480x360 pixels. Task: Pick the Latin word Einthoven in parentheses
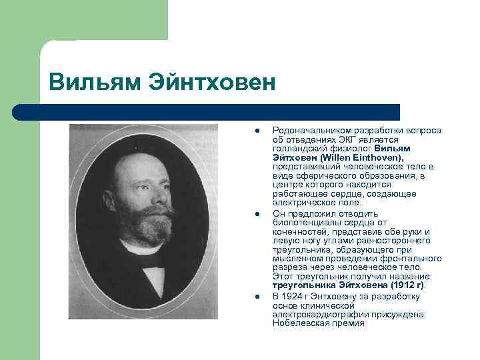coord(380,157)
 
